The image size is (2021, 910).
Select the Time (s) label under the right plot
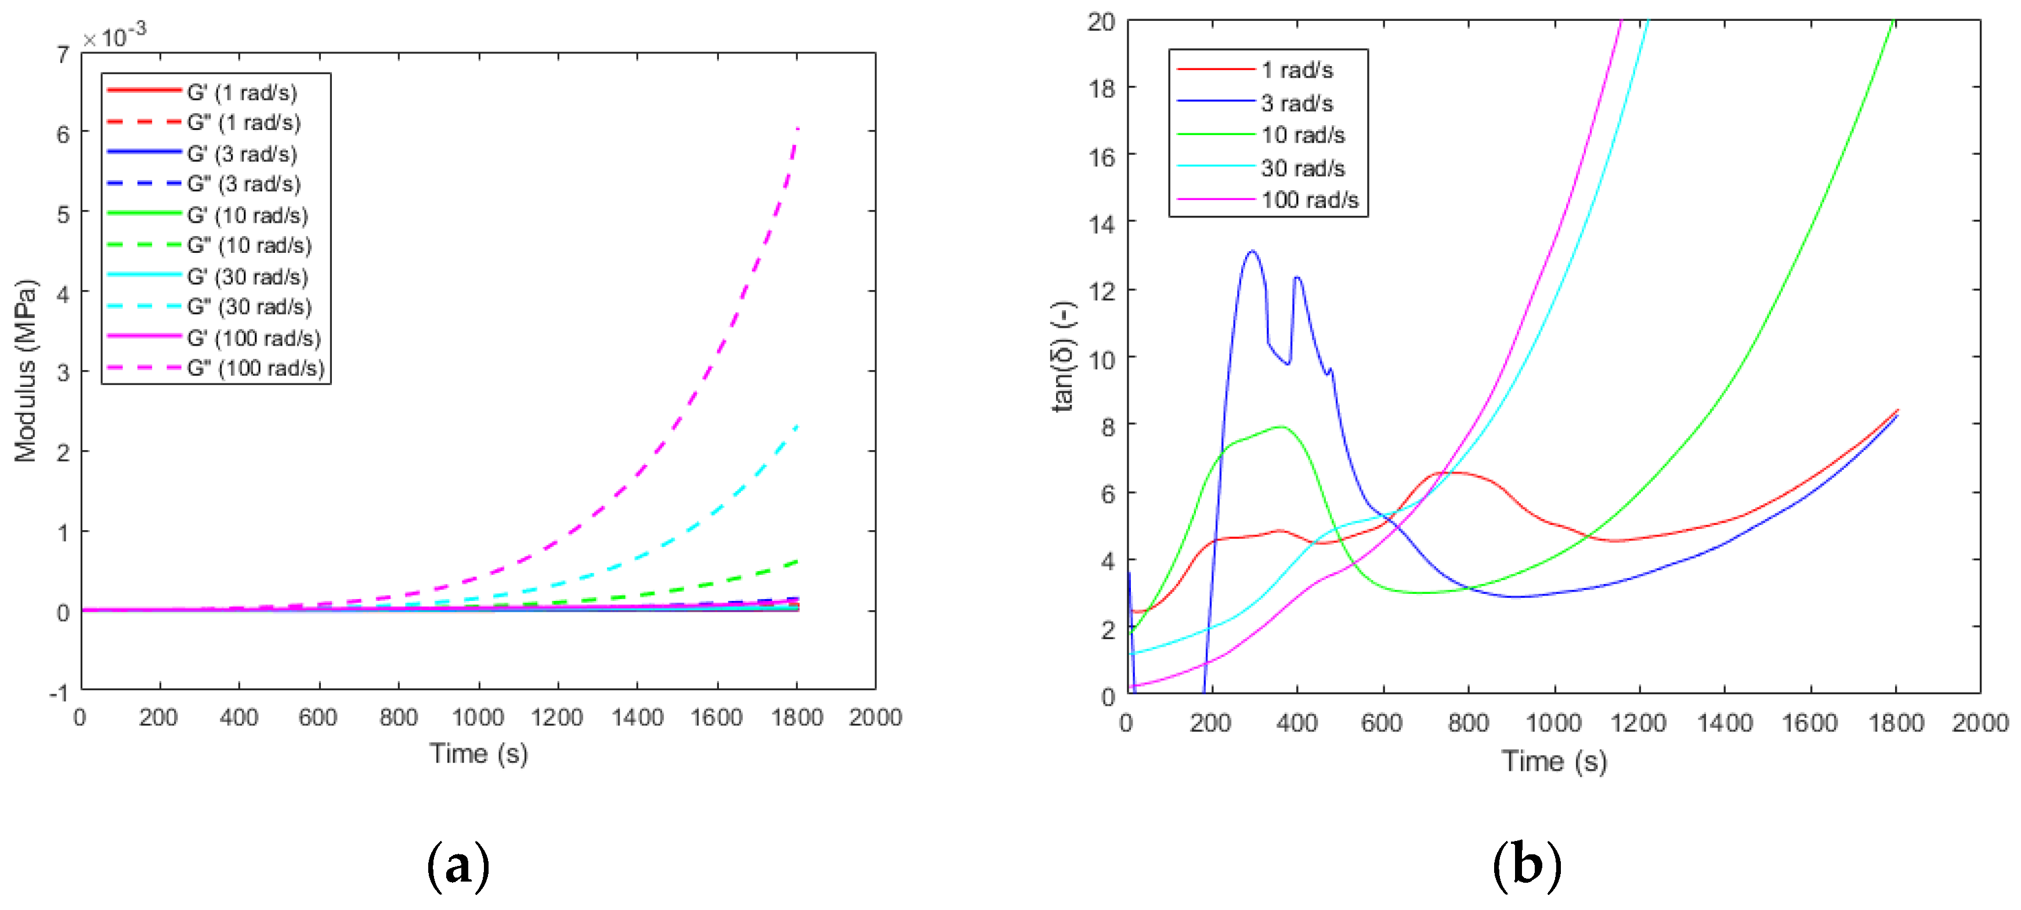click(x=1554, y=760)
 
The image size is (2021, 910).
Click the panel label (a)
click(x=458, y=865)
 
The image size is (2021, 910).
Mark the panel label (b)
click(x=1527, y=865)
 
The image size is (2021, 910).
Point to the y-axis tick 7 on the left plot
click(x=63, y=55)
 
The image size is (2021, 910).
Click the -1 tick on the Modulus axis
click(x=59, y=693)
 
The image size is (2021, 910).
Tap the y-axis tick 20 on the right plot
click(x=1101, y=22)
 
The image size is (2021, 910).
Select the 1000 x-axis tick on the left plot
click(x=478, y=717)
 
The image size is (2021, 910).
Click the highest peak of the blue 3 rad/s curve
click(x=1252, y=251)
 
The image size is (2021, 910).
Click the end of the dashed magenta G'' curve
click(x=798, y=128)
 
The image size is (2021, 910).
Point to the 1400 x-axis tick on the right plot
click(x=1724, y=723)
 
